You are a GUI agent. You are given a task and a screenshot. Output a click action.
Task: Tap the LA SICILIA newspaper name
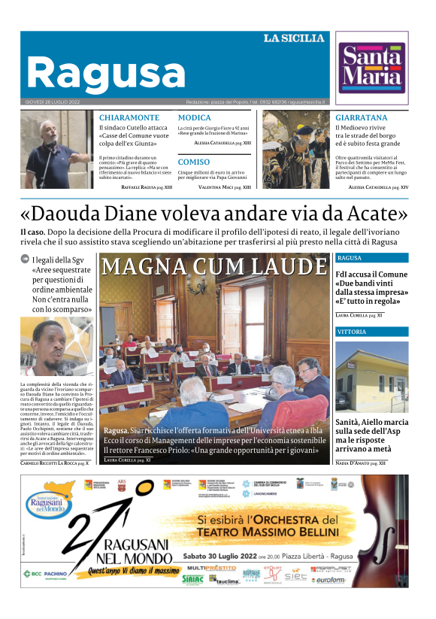point(293,38)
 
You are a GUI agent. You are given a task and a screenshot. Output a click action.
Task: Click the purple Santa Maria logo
point(371,67)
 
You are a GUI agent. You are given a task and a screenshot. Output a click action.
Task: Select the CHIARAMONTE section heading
point(129,118)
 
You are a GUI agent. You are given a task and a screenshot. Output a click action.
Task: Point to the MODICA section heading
point(194,118)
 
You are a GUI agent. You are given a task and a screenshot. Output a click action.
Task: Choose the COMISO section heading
point(193,162)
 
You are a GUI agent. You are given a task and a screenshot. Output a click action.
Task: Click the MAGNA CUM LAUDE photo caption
point(213,267)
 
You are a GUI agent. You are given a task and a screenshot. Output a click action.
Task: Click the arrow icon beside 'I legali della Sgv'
point(25,259)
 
